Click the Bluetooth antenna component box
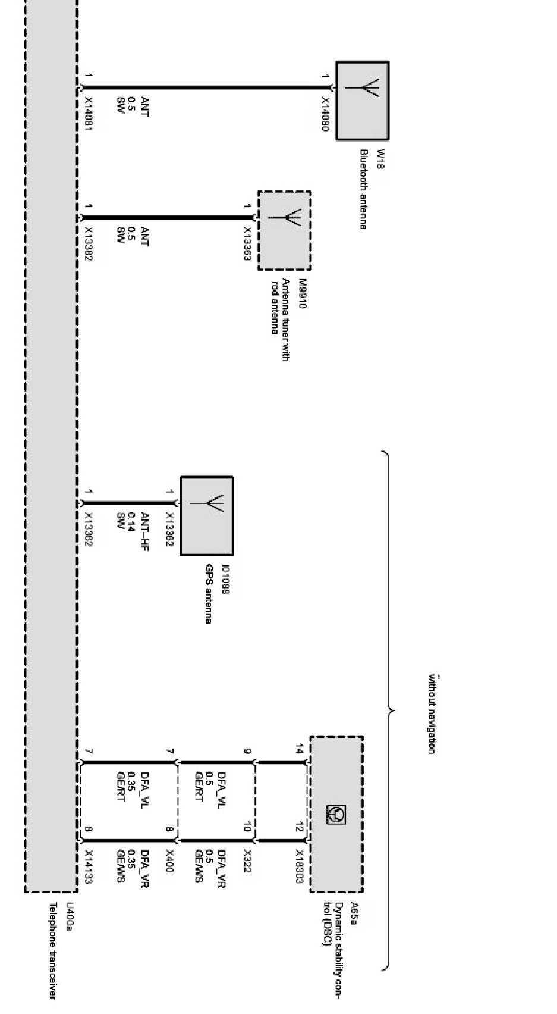(362, 101)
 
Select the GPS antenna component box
(206, 515)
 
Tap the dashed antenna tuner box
(284, 230)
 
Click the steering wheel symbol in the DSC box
(336, 815)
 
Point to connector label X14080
(325, 115)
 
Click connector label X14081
(89, 114)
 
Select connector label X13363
(247, 243)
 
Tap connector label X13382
(89, 243)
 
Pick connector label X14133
(89, 867)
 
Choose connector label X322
(247, 862)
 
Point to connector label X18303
(300, 867)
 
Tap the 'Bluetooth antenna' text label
(363, 189)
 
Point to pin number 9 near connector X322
(247, 752)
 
